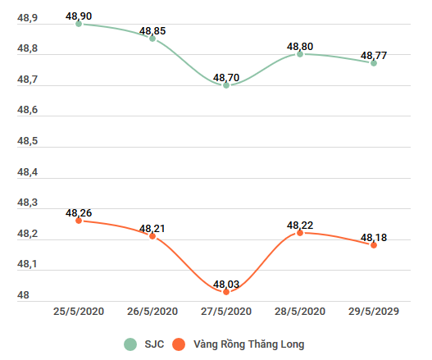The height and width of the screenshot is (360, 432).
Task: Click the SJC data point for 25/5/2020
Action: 79,24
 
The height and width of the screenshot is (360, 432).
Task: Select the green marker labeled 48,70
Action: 226,85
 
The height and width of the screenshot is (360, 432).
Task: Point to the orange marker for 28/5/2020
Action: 300,233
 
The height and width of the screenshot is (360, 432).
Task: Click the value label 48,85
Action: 152,31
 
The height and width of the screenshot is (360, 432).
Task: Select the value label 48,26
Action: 79,213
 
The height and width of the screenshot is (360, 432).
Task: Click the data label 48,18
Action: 374,238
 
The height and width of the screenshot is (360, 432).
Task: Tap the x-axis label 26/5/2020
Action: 152,312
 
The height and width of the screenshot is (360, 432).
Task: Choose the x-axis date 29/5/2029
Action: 374,312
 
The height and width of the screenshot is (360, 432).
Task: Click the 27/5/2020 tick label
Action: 226,312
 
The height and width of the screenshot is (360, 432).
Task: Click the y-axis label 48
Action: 23,295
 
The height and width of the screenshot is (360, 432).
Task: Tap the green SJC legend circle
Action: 130,344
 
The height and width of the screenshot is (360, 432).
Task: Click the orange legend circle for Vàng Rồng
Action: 178,344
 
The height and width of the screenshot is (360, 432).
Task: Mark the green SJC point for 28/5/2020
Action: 300,54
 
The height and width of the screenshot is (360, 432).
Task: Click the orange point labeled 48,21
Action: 152,236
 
